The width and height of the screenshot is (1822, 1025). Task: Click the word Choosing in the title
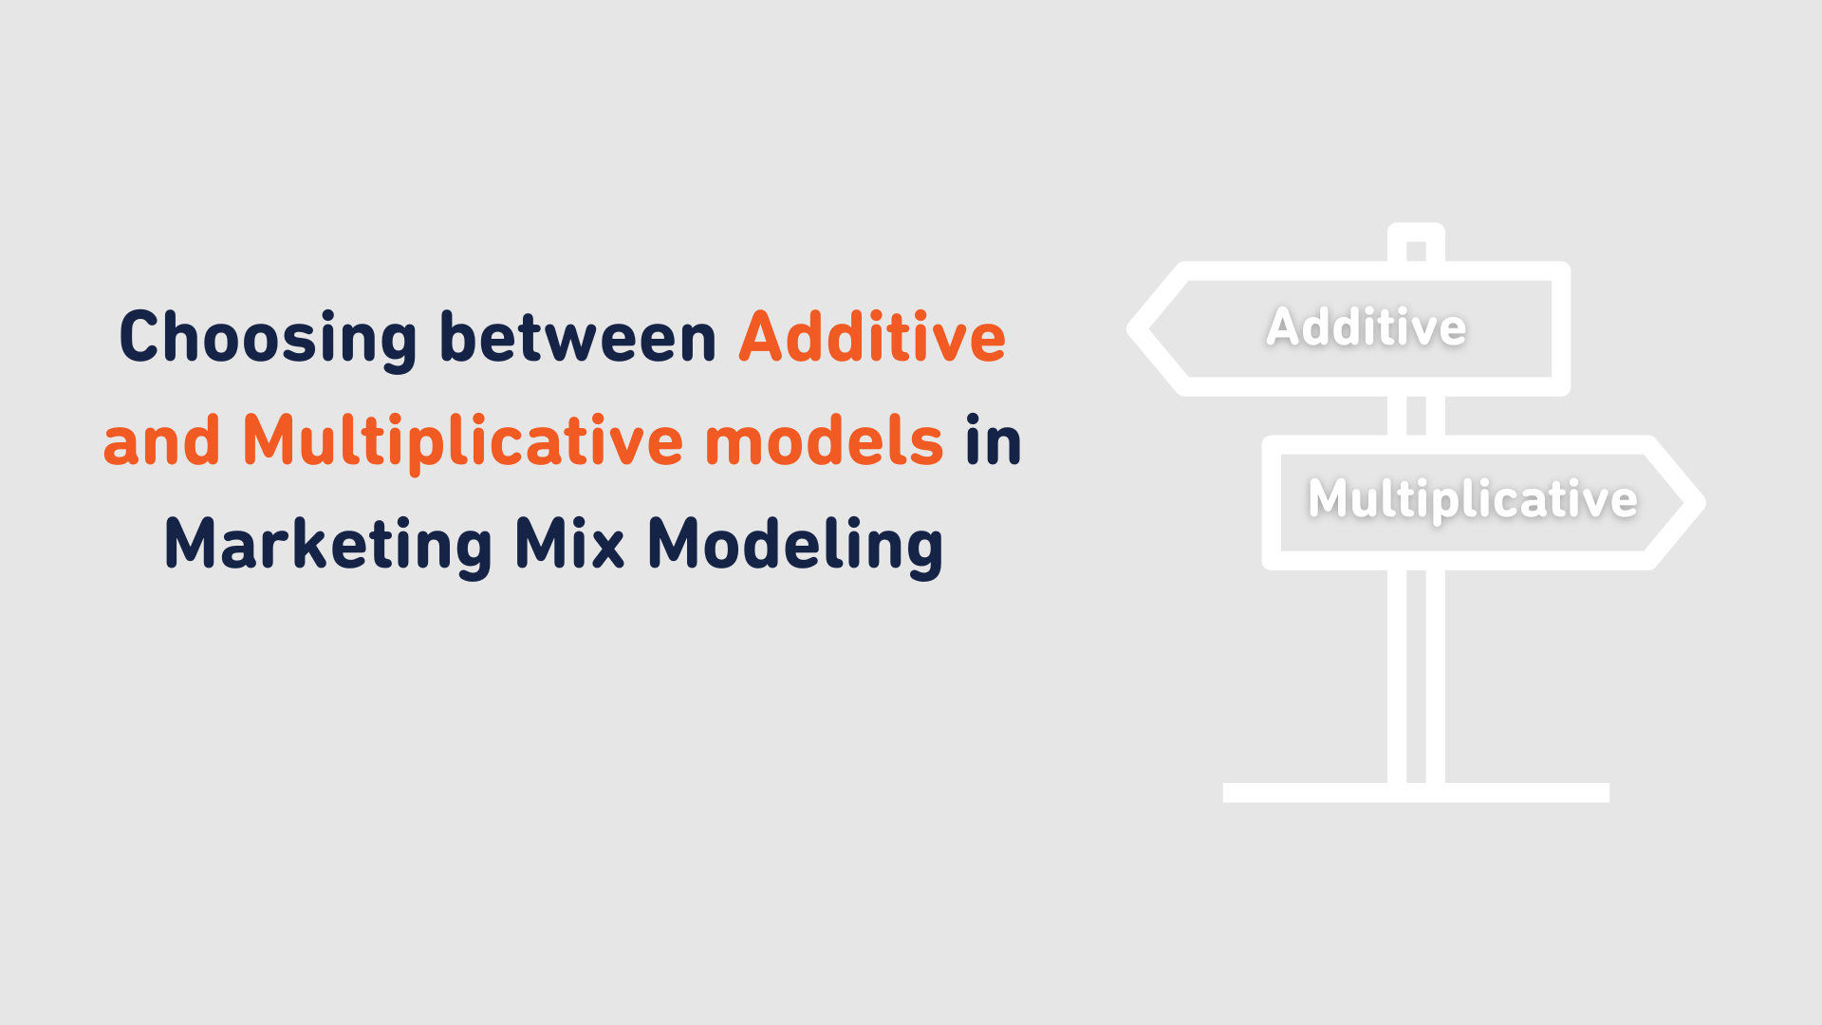pyautogui.click(x=268, y=338)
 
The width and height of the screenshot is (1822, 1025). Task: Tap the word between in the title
pyautogui.click(x=578, y=338)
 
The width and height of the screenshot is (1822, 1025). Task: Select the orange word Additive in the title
pyautogui.click(x=872, y=338)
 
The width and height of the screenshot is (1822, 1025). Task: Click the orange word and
pyautogui.click(x=161, y=441)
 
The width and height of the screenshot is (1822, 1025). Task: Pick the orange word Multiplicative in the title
pyautogui.click(x=463, y=441)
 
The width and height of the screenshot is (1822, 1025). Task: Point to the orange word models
pyautogui.click(x=824, y=441)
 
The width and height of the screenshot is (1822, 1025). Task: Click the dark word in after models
pyautogui.click(x=994, y=441)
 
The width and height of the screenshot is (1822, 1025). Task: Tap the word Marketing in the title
pyautogui.click(x=328, y=545)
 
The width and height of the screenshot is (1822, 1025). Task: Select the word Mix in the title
pyautogui.click(x=569, y=545)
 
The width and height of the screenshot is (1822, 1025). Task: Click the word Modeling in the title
pyautogui.click(x=795, y=545)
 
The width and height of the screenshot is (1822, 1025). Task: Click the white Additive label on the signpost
pyautogui.click(x=1366, y=327)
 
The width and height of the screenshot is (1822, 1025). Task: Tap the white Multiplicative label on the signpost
pyautogui.click(x=1473, y=499)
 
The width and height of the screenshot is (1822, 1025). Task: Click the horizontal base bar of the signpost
pyautogui.click(x=1416, y=792)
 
